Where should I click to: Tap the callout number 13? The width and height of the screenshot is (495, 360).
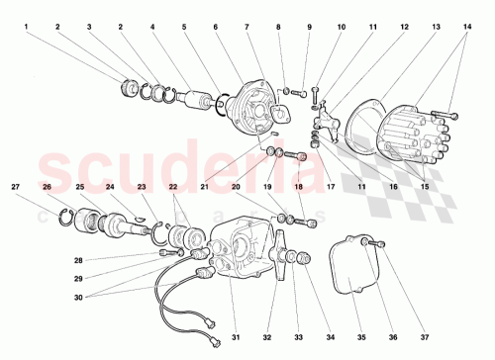pyautogui.click(x=407, y=27)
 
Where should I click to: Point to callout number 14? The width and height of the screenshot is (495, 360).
pyautogui.click(x=468, y=27)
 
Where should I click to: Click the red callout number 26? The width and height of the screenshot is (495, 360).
pyautogui.click(x=48, y=186)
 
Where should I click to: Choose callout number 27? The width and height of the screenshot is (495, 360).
pyautogui.click(x=16, y=186)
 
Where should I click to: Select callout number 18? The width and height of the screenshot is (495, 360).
pyautogui.click(x=297, y=186)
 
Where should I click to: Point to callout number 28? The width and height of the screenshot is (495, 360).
pyautogui.click(x=134, y=260)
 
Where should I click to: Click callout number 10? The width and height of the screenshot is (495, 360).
pyautogui.click(x=342, y=27)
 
